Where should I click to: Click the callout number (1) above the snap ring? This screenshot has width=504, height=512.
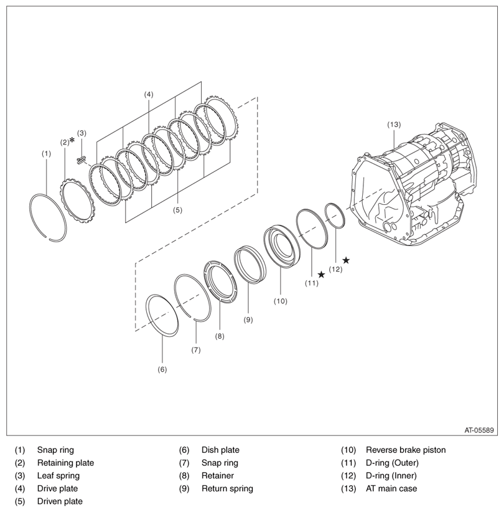46,153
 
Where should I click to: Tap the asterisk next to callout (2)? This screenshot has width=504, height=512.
72,140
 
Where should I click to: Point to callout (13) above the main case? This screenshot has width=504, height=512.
394,125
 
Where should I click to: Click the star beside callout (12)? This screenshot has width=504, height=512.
346,260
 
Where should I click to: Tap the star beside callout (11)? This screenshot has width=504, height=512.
321,275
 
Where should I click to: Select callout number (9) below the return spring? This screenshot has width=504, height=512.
248,320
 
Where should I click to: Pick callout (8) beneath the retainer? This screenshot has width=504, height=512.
220,336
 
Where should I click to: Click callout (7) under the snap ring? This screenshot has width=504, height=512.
196,350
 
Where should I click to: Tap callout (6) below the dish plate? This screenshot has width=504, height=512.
162,369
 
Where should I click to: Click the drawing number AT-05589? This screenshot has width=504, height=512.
479,430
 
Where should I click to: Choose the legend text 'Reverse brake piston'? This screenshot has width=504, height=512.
406,450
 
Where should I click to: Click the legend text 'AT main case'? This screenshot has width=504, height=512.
391,488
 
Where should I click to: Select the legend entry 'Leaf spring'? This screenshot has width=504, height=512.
58,476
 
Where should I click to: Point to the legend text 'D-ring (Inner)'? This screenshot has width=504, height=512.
392,476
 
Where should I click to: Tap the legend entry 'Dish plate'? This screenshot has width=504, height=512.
220,450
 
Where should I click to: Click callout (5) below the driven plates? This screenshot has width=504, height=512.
177,210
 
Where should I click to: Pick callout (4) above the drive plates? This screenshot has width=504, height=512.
149,94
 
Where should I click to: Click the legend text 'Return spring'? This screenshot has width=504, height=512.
227,488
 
